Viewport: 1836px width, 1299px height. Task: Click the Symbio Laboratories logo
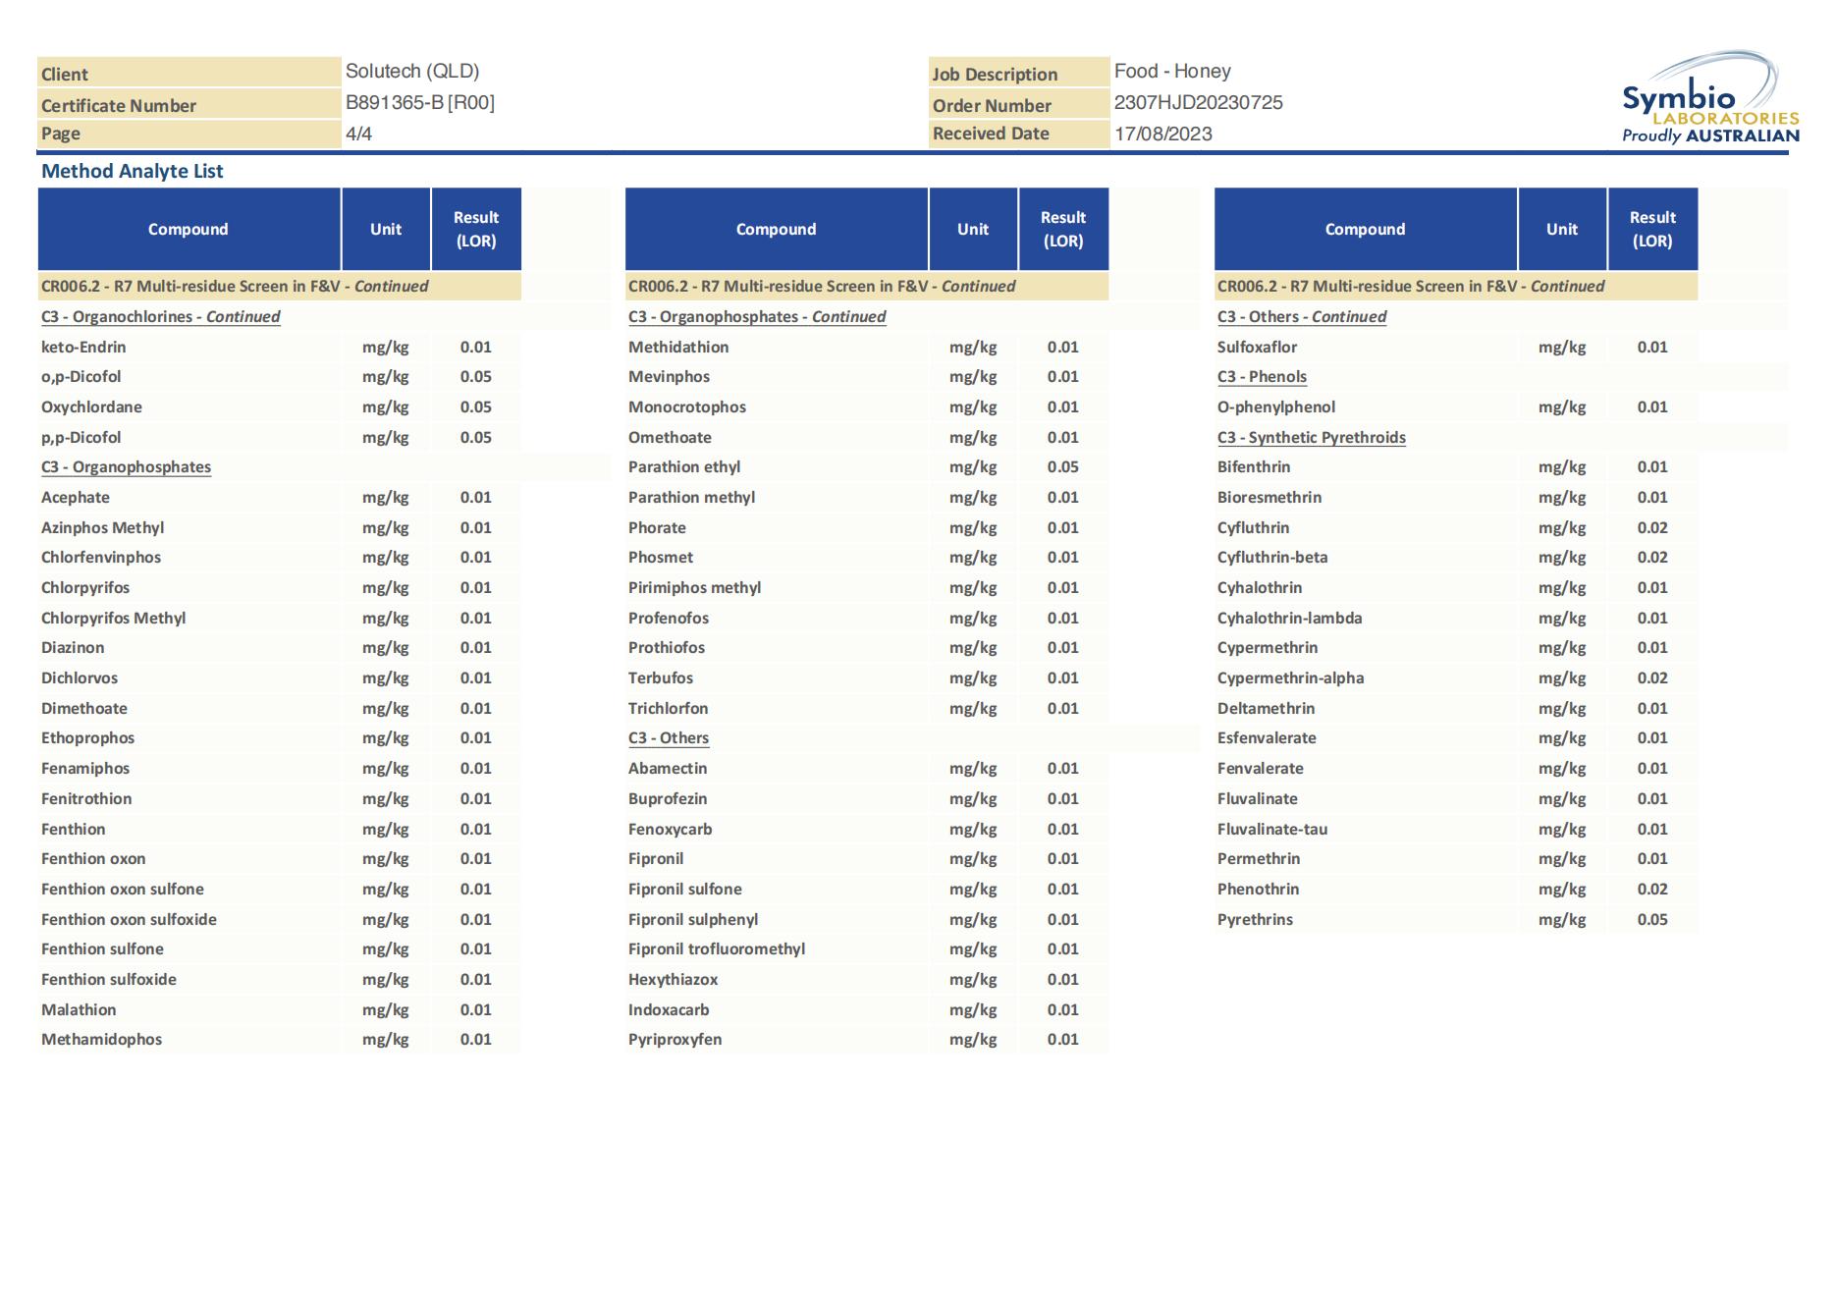pos(1709,100)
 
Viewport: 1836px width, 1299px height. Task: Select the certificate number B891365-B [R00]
pos(419,103)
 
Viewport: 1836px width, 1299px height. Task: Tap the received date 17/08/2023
pos(1162,135)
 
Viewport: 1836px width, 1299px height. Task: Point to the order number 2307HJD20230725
pos(1198,103)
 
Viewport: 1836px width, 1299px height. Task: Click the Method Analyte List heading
pos(133,172)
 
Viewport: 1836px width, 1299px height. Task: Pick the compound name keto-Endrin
pos(83,348)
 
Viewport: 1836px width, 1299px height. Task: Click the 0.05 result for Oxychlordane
pos(475,407)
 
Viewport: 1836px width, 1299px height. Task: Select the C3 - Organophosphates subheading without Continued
pos(126,467)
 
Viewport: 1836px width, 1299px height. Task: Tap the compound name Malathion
pos(79,1010)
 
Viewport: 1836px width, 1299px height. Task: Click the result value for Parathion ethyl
pos(1062,467)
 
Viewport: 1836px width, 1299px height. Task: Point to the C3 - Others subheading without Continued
pos(668,738)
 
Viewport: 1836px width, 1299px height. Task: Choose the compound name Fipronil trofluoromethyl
pos(716,949)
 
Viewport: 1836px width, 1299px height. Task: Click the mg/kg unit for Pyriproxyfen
pos(972,1040)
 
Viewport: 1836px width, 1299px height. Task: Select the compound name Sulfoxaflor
pos(1257,348)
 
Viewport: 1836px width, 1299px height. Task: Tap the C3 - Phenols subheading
pos(1262,377)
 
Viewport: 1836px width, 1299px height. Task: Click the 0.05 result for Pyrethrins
pos(1651,920)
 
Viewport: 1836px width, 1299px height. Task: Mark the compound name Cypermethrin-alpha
pos(1290,678)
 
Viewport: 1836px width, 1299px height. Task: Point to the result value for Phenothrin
pos(1651,890)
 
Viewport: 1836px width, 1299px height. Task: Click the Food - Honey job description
pos(1171,72)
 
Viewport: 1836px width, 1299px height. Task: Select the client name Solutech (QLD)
pos(411,72)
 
